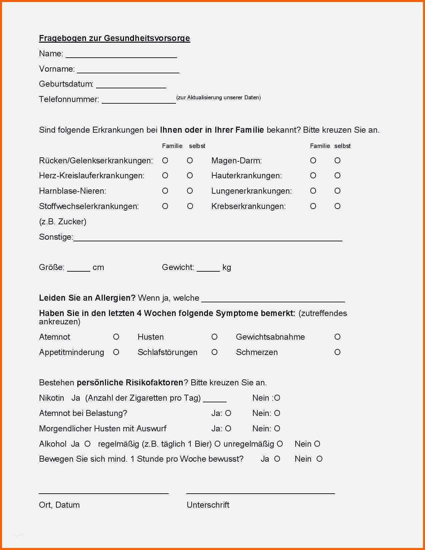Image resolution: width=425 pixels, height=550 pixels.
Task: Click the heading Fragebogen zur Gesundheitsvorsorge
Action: (x=114, y=38)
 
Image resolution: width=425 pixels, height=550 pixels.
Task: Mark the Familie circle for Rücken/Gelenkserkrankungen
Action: (x=165, y=161)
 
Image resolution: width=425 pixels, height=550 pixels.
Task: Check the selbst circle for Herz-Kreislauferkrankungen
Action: (x=190, y=176)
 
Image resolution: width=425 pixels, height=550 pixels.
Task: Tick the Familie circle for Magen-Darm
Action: (x=313, y=161)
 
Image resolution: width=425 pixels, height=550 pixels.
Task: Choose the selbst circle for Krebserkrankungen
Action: (x=337, y=206)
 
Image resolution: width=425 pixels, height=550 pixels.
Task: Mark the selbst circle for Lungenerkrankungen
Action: (x=337, y=191)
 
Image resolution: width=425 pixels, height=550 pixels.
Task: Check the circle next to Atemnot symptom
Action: (x=116, y=337)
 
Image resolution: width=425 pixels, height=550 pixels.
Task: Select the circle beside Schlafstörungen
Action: (x=214, y=352)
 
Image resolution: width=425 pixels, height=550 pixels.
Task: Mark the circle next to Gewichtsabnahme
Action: (x=337, y=337)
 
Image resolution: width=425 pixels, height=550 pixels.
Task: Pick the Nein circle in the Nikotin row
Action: (x=277, y=398)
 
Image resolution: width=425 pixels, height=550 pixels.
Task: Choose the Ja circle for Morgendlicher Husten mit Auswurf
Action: (x=228, y=429)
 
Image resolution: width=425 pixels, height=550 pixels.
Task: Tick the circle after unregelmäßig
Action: (x=280, y=444)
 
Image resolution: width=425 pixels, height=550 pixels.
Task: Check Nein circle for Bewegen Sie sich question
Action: (x=319, y=459)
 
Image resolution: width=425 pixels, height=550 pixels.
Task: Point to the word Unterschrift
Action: (x=208, y=505)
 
